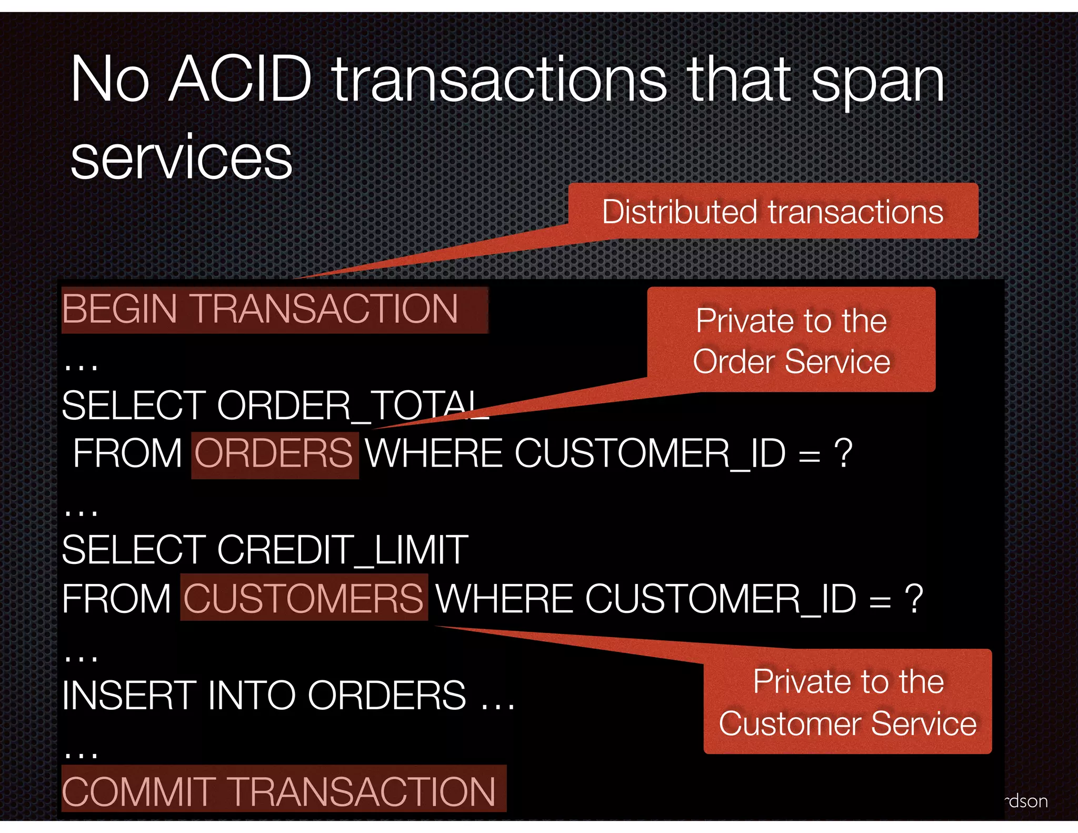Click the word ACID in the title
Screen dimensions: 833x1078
coord(241,80)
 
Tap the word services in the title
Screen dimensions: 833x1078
coord(181,157)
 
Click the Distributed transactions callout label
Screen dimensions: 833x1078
coord(773,212)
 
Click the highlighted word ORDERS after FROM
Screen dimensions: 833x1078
coord(274,454)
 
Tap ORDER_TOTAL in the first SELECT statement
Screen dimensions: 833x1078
coord(352,405)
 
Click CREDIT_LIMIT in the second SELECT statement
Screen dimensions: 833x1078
coord(342,550)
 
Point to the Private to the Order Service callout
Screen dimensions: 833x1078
coord(791,340)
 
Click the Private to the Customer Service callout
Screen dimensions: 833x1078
coord(847,701)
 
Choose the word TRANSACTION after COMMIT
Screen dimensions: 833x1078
coord(363,792)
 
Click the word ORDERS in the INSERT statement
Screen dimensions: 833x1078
coord(386,695)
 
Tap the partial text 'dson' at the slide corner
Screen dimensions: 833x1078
coord(1026,801)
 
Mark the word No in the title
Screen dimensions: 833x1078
coord(109,80)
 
